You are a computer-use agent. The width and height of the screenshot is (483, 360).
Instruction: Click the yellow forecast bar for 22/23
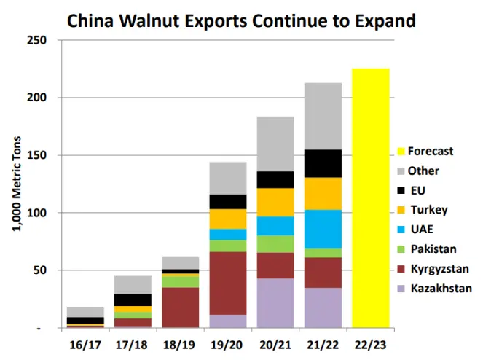pos(370,197)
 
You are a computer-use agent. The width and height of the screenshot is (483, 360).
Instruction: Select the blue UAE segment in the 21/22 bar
pos(323,229)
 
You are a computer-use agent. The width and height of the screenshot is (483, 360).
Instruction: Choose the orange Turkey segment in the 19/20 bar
pos(227,219)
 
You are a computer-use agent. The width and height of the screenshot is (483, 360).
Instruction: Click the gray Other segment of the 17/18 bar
pos(133,285)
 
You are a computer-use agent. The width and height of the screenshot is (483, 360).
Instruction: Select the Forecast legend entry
pos(431,152)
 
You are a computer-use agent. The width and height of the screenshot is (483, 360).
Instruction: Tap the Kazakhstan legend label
pos(441,289)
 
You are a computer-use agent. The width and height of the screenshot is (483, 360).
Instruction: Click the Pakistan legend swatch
pos(401,249)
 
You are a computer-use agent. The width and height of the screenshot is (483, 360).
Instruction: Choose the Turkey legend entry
pos(428,210)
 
